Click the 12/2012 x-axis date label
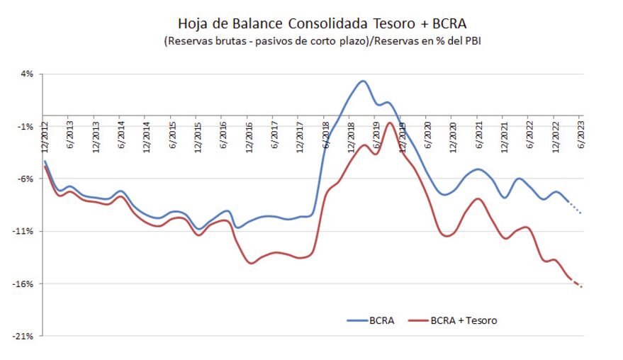point(44,135)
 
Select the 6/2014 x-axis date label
point(120,131)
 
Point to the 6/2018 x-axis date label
point(326,131)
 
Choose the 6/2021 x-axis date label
point(479,131)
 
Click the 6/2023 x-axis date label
point(581,131)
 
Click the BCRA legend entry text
point(381,320)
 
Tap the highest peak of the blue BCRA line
point(362,81)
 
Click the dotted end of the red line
point(578,284)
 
